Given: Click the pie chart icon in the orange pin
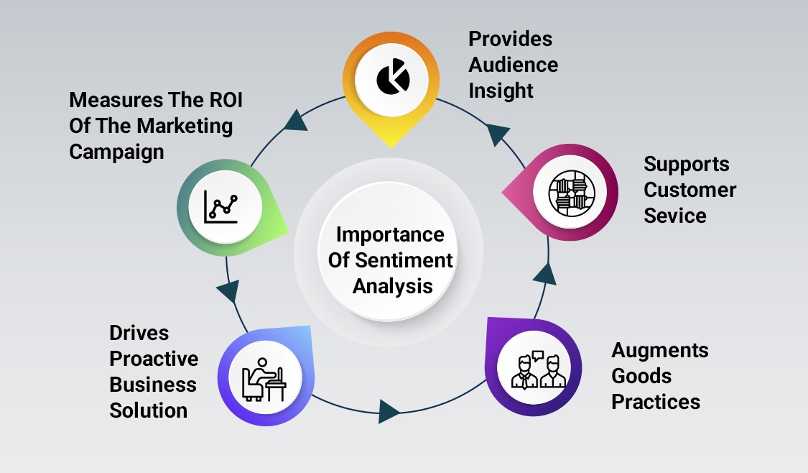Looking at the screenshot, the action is click(x=393, y=77).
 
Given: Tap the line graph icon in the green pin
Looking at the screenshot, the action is click(x=222, y=207).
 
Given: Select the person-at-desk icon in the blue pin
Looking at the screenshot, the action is click(x=264, y=380).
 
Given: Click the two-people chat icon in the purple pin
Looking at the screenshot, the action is click(x=538, y=369).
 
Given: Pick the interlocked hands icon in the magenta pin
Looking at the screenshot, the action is click(x=572, y=193).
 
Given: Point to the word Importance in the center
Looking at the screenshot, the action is click(x=390, y=234).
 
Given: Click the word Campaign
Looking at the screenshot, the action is click(x=116, y=152).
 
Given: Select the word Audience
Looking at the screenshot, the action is click(x=514, y=65).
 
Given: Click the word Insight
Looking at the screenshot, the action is click(x=501, y=91).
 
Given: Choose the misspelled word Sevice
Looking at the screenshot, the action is click(x=675, y=216).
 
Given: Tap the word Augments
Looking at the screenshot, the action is click(x=660, y=351).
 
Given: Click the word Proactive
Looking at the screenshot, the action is click(x=154, y=359).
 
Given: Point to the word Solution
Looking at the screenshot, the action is click(x=149, y=410).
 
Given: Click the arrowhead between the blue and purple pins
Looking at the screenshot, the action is click(x=389, y=411).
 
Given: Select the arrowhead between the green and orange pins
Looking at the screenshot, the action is click(x=296, y=121).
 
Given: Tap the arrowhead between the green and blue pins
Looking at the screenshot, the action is click(x=228, y=291).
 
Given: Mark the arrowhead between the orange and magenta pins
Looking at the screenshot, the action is click(x=497, y=134).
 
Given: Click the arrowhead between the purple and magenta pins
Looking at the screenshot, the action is click(x=545, y=274).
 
